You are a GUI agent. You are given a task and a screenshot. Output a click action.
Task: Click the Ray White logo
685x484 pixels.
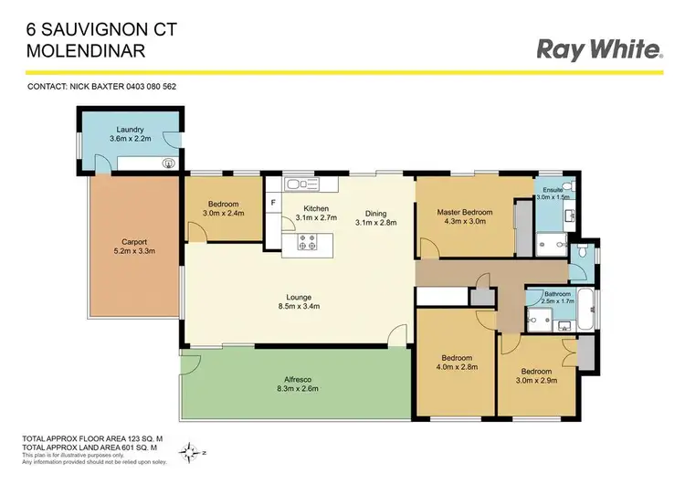[x=598, y=50]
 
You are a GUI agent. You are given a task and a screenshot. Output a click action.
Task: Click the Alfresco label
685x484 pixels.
[x=298, y=384]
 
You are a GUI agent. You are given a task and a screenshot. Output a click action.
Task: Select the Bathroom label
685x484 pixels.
[x=558, y=294]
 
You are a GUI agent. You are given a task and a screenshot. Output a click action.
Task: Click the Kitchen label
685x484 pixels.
[x=316, y=209]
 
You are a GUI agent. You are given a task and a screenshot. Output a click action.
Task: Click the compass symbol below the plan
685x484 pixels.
[x=192, y=450]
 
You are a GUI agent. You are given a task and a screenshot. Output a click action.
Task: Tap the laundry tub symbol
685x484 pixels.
[x=166, y=164]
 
